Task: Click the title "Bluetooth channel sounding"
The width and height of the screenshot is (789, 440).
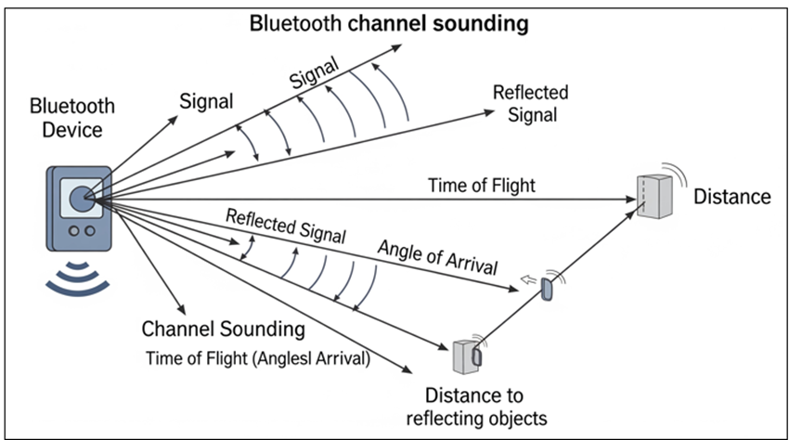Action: (389, 23)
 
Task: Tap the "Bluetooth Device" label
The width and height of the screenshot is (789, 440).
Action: (72, 118)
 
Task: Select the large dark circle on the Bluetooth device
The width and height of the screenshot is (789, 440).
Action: (81, 199)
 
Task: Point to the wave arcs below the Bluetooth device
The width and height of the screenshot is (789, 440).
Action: (77, 278)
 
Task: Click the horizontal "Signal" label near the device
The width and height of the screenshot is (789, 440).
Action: (206, 102)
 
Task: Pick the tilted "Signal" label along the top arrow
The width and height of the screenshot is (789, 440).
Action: (314, 73)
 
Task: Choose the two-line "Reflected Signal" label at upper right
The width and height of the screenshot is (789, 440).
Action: (531, 104)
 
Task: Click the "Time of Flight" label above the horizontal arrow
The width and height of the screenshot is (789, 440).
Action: (482, 186)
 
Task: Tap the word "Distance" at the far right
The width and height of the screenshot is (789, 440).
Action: (732, 197)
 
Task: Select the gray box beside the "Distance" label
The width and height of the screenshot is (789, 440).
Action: (654, 197)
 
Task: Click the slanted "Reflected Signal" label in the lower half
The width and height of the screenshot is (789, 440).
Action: (286, 226)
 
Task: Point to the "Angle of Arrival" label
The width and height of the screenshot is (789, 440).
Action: (438, 257)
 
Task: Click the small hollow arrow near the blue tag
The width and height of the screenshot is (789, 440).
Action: (528, 279)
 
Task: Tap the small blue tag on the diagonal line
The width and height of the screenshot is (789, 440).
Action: (547, 290)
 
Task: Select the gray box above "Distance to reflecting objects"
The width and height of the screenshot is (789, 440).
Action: (466, 357)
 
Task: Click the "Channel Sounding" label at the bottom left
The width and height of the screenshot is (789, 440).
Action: (224, 330)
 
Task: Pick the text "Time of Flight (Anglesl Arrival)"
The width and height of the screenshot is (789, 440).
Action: (258, 358)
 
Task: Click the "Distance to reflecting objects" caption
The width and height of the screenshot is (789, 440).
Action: (476, 407)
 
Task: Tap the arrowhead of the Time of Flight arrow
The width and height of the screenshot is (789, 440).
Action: (631, 200)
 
